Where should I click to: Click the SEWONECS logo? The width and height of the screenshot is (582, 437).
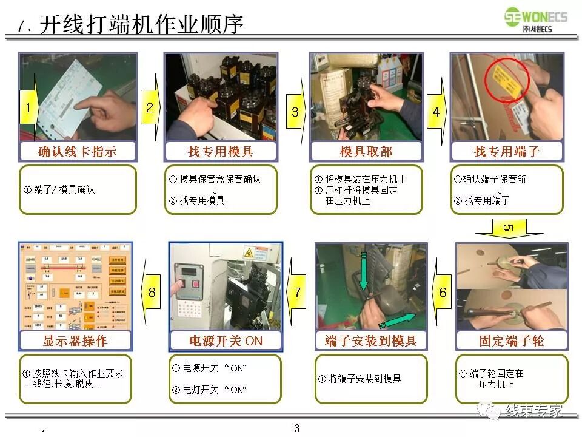[x=536, y=19]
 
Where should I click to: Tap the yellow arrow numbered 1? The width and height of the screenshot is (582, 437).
[x=29, y=108]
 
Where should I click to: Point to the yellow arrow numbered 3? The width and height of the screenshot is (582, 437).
[x=296, y=111]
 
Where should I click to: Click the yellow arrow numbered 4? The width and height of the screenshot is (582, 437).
[x=436, y=111]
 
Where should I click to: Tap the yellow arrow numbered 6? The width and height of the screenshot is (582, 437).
[x=442, y=292]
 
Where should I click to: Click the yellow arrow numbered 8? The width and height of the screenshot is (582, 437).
[x=151, y=292]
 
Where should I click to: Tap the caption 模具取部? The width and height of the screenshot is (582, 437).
[x=366, y=151]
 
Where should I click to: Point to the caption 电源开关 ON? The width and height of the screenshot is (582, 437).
[x=225, y=340]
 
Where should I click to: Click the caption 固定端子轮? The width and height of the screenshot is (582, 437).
[x=511, y=340]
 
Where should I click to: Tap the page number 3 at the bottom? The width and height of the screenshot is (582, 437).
[x=296, y=429]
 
